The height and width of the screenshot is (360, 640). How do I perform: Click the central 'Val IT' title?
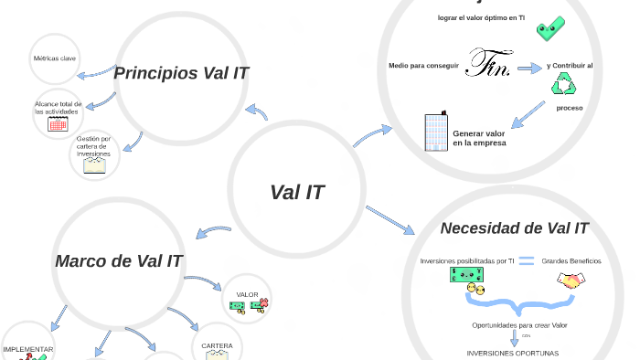click(296, 193)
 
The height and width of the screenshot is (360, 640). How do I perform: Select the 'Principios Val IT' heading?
click(181, 73)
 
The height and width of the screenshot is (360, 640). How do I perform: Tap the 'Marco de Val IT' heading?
click(119, 261)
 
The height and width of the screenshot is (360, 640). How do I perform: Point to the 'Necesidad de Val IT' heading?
click(514, 228)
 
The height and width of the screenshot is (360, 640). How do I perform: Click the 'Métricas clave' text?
click(55, 58)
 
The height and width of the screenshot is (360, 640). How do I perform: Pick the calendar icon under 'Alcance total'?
click(58, 123)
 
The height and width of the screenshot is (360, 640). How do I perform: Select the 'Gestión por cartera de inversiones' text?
click(93, 146)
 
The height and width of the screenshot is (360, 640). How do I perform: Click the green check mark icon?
click(549, 29)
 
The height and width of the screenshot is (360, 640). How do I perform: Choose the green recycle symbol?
click(561, 86)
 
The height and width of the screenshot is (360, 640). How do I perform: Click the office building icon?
click(434, 132)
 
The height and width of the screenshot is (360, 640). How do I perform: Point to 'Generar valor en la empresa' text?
click(479, 138)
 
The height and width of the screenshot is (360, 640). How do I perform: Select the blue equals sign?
click(526, 261)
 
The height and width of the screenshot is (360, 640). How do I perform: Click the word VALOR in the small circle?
click(247, 294)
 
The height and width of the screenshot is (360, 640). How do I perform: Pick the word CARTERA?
click(217, 345)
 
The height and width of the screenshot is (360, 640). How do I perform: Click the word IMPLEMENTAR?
click(28, 349)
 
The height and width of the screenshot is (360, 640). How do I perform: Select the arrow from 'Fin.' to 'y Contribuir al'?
click(528, 69)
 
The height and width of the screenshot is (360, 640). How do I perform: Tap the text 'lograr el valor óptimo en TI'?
click(481, 17)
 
